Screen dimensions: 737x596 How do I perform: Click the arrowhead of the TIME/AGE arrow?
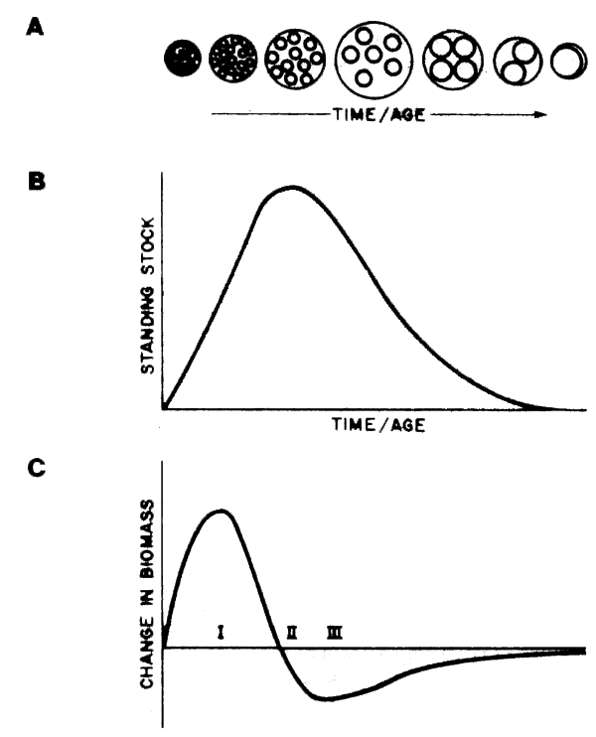point(541,115)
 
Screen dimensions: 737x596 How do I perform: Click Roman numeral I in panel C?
point(222,632)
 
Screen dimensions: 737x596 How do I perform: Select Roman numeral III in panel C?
point(335,632)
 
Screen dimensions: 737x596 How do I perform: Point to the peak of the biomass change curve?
point(222,511)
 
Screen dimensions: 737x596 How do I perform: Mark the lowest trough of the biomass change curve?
point(328,698)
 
